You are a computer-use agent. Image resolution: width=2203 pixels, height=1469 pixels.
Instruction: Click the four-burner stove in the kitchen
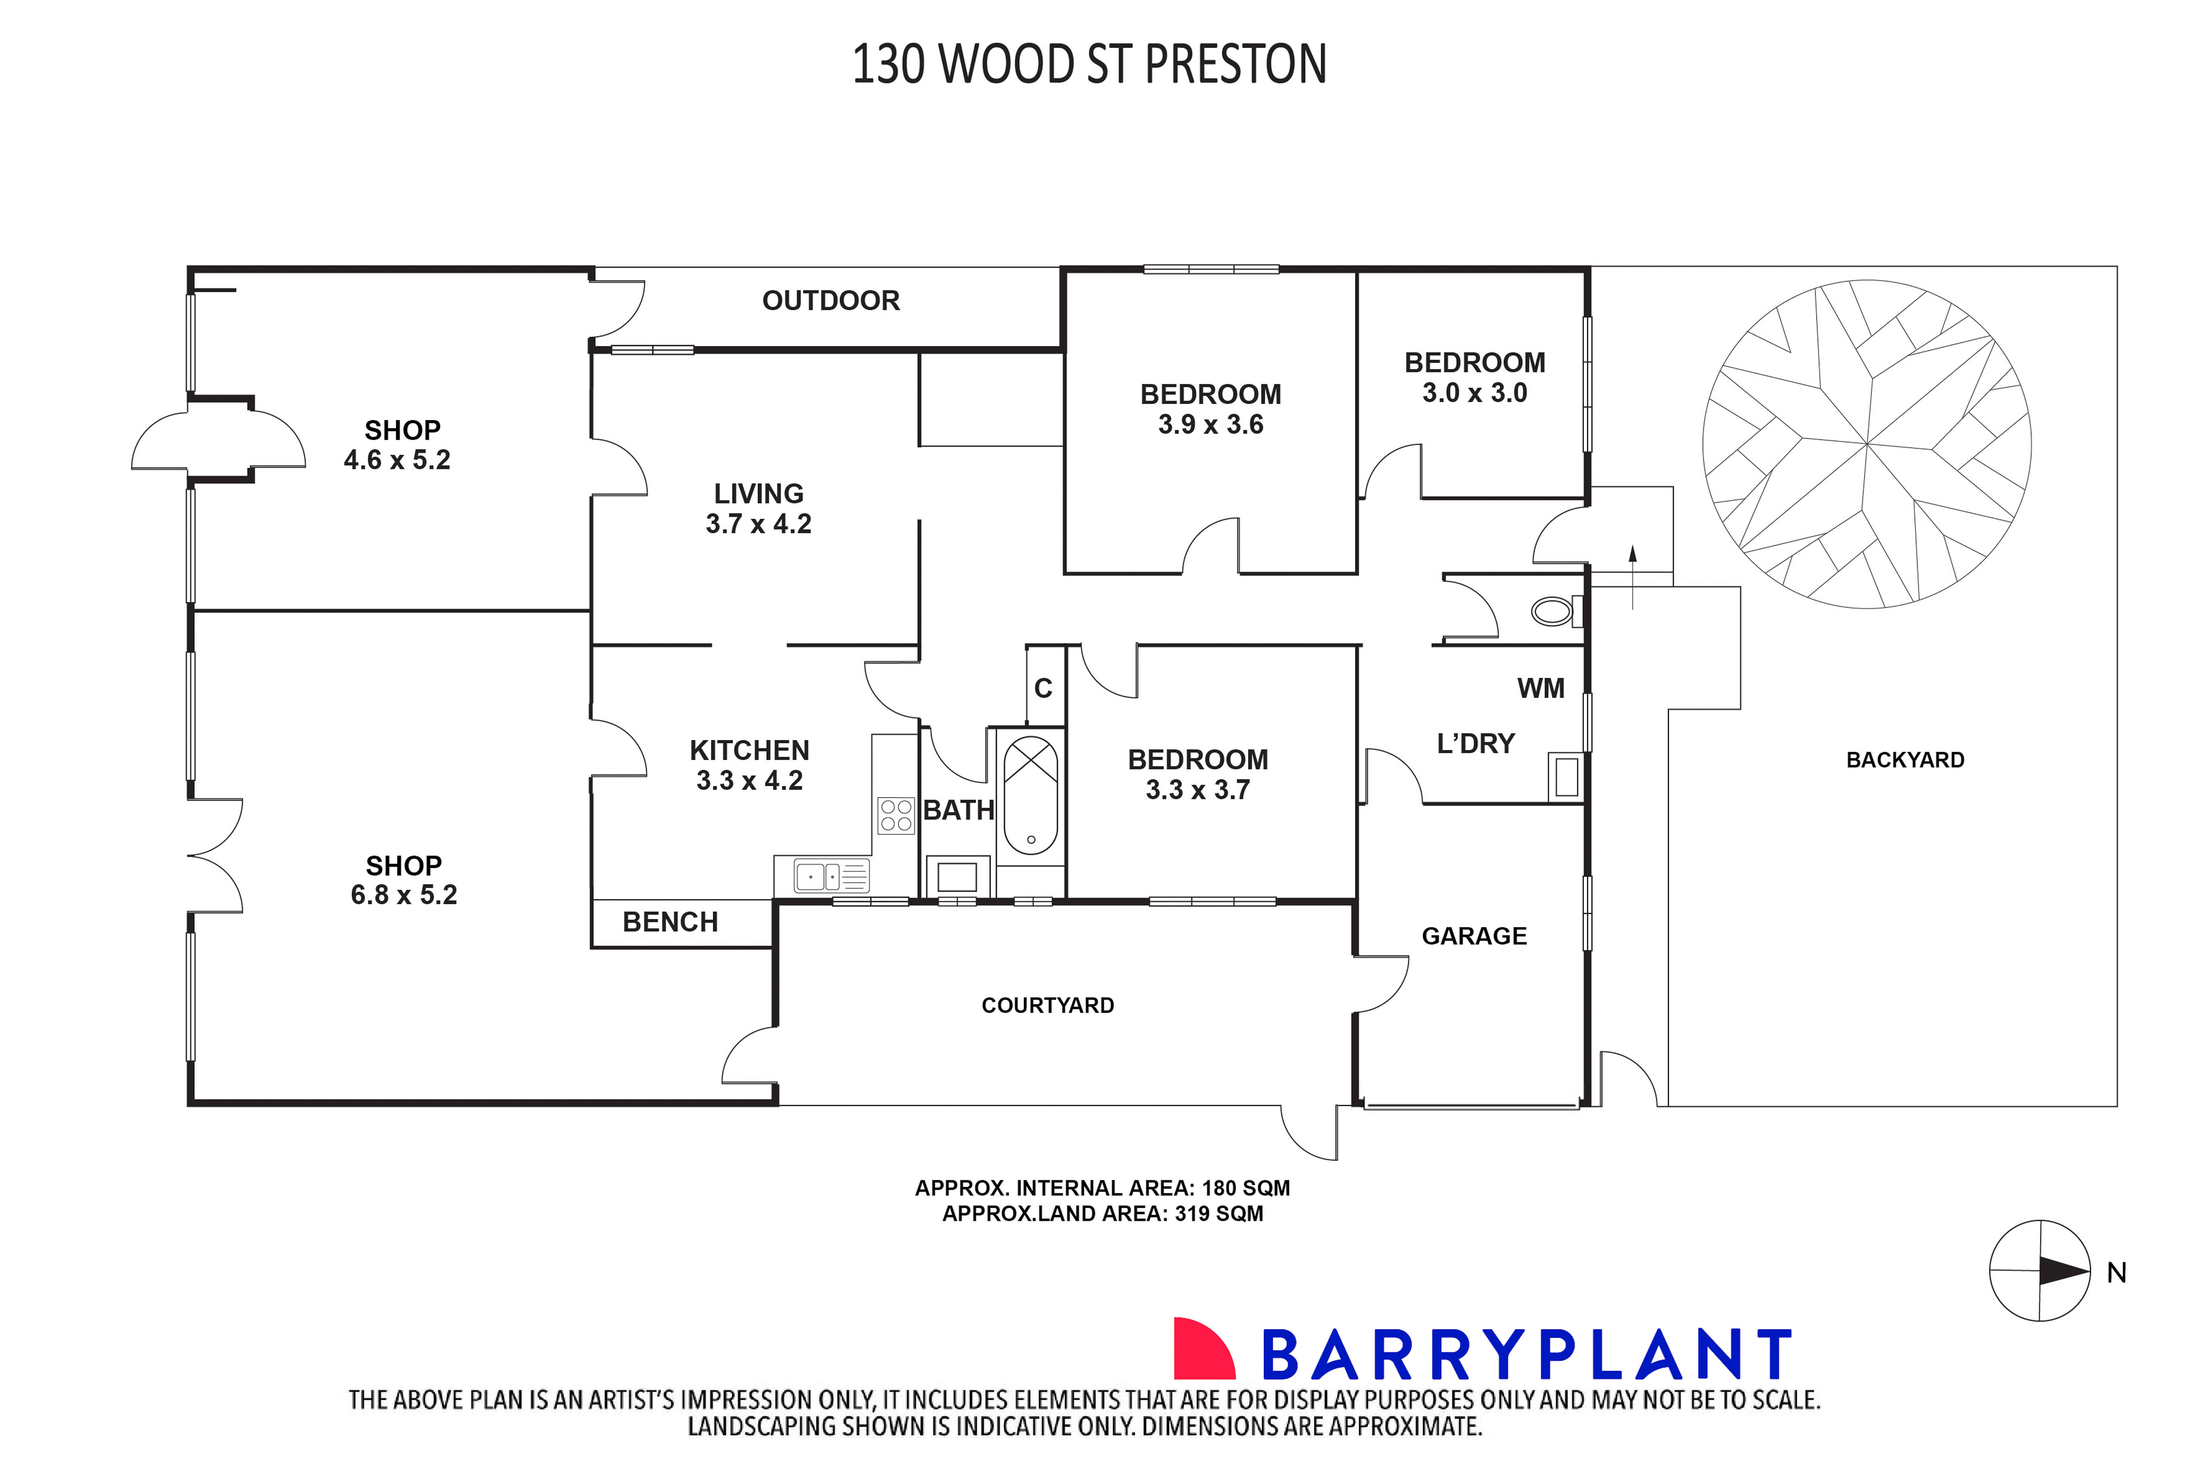[896, 815]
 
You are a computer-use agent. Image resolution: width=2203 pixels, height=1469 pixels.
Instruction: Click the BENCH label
[670, 922]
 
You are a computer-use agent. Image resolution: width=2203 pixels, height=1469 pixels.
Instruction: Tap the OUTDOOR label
[830, 301]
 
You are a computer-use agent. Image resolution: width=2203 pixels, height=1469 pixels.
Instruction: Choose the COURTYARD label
[1048, 1005]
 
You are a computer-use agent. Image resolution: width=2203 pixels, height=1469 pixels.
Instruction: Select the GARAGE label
[1474, 936]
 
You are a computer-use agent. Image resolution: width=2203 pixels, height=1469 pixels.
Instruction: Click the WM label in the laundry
[1541, 689]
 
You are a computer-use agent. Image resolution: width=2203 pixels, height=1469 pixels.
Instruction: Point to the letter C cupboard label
[1043, 689]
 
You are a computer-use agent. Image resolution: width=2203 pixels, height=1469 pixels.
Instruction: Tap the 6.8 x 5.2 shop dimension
[404, 895]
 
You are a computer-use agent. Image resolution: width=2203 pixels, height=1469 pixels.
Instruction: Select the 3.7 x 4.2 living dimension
[758, 524]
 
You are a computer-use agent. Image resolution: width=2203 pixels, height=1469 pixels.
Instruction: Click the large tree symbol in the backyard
[1867, 444]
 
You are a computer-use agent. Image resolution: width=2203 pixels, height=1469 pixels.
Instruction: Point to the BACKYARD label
[1905, 760]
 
